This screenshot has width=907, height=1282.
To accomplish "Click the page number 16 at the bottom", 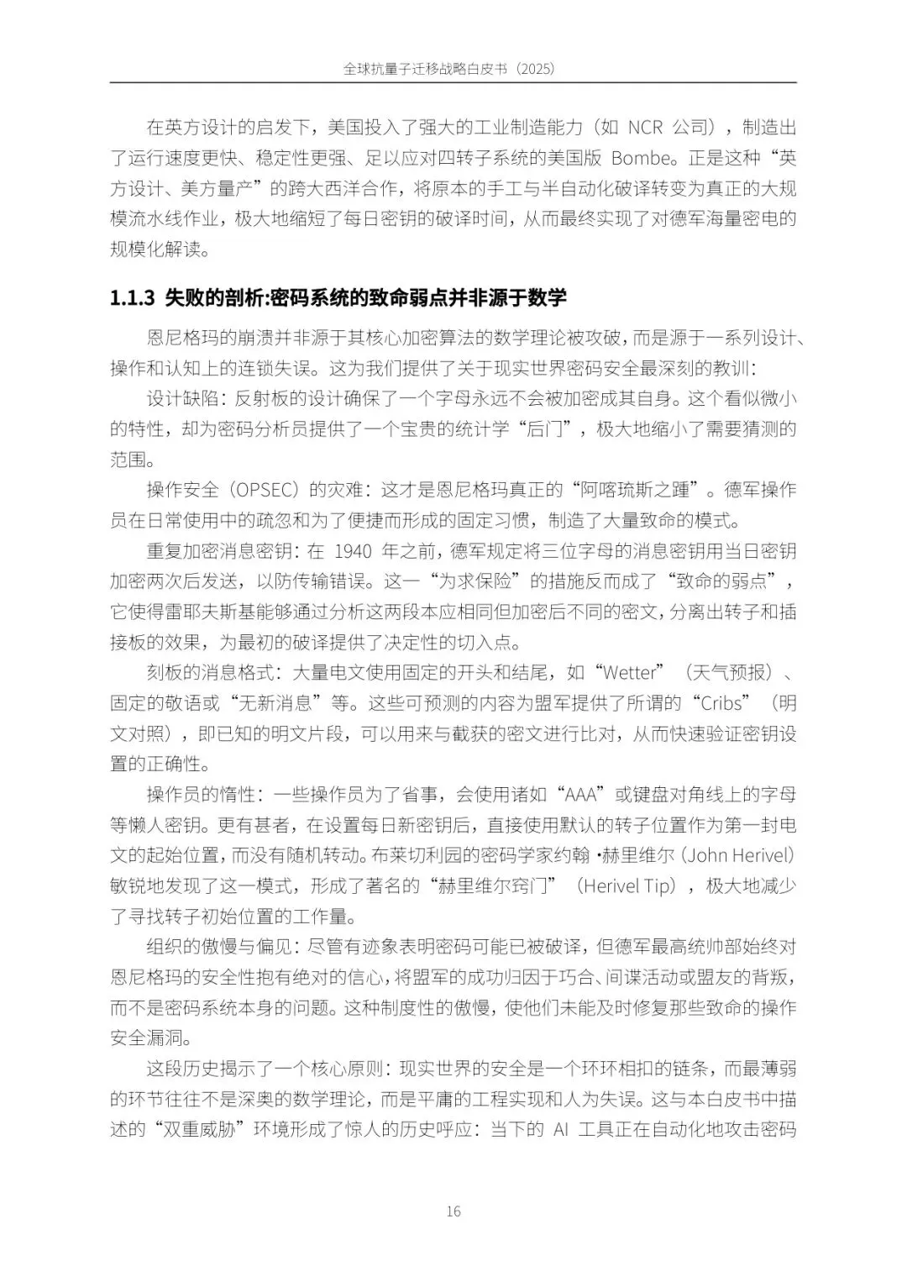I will tap(453, 1211).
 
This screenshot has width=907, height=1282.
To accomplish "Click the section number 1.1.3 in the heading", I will tap(134, 297).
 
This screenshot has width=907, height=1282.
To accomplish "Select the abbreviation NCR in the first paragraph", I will tap(645, 128).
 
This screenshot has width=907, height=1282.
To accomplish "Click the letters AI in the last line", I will tap(561, 1129).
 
